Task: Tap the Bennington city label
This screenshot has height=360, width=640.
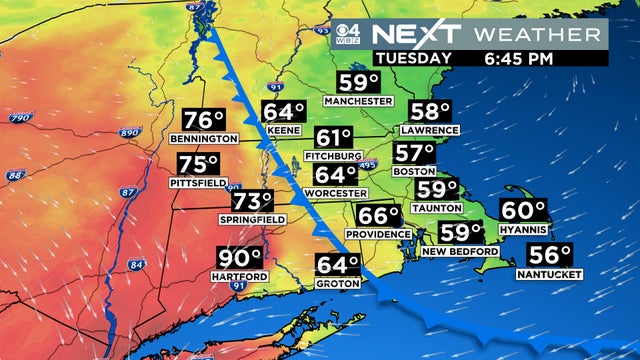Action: click(x=203, y=138)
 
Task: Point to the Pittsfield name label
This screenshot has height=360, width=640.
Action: click(x=196, y=185)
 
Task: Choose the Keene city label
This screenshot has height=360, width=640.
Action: click(x=283, y=130)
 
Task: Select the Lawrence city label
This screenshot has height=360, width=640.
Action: click(x=428, y=130)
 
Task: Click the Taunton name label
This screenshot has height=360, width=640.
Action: click(x=436, y=207)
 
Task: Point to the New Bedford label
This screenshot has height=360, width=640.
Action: click(x=466, y=251)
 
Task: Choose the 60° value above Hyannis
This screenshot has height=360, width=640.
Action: click(x=523, y=212)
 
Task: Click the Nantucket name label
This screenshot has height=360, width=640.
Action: click(x=549, y=273)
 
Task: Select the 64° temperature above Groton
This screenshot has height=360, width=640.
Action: click(x=337, y=266)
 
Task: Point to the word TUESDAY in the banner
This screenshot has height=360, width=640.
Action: click(x=412, y=58)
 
